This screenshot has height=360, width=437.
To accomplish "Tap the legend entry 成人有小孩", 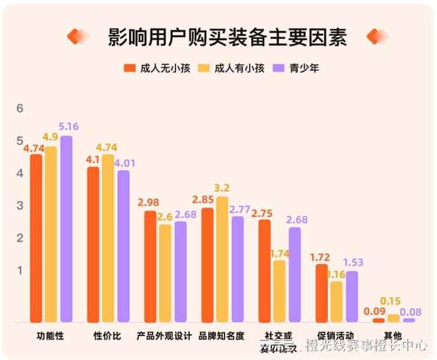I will click(235, 68).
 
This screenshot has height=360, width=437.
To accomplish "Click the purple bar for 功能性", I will click(66, 228).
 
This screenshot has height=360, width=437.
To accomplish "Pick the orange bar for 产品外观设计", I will click(150, 266).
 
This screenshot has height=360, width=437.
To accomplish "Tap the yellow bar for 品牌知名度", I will click(222, 259).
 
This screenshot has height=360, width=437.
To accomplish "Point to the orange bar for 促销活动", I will click(322, 292).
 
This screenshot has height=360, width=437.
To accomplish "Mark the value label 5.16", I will click(68, 126).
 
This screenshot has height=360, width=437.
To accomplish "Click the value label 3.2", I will click(222, 187).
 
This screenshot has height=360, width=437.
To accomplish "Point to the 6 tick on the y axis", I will click(20, 109).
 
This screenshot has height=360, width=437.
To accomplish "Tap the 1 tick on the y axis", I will click(20, 270).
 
